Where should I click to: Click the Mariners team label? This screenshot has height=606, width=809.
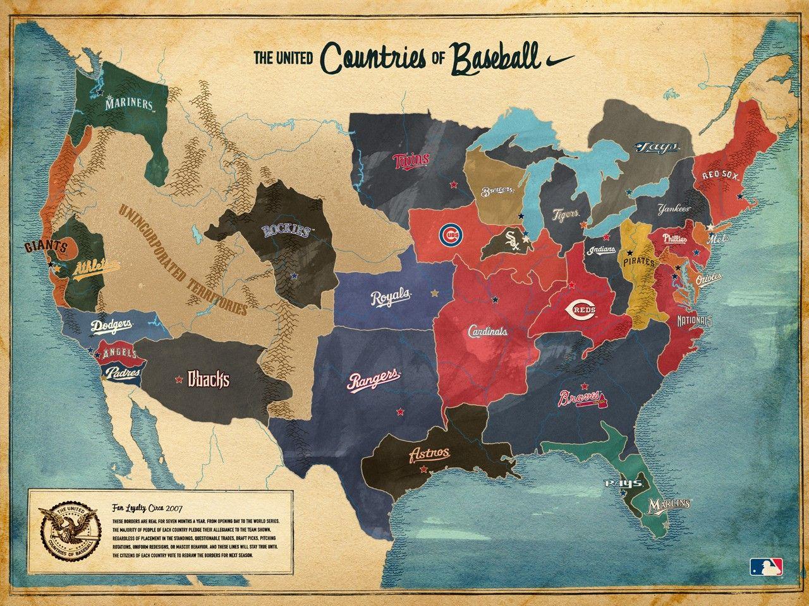pos(129,104)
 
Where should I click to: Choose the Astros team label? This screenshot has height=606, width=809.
pos(430,454)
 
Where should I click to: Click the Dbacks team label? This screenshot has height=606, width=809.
pos(209,379)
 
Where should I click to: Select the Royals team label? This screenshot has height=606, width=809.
pos(391,296)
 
